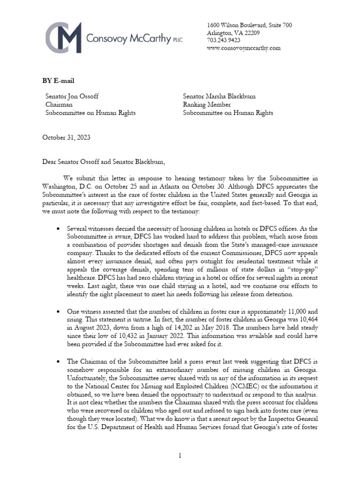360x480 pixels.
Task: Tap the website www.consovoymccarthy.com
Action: click(x=243, y=48)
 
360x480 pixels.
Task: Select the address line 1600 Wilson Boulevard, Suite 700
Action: click(x=249, y=25)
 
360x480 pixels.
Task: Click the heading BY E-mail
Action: click(x=58, y=81)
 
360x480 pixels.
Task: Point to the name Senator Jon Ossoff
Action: click(x=72, y=97)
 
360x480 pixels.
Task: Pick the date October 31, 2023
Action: click(x=66, y=137)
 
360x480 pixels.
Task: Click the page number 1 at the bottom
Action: click(x=180, y=455)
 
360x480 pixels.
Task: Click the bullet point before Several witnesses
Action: click(x=57, y=228)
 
